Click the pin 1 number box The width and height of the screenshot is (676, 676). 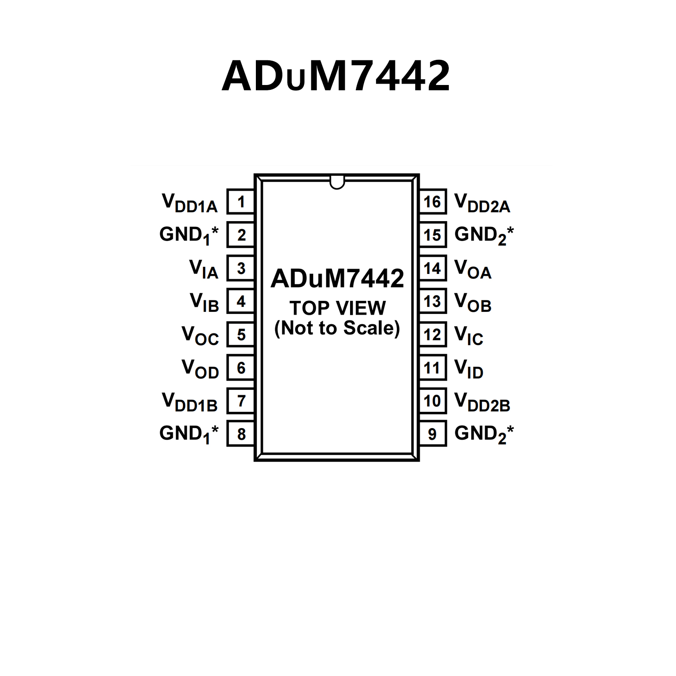[240, 202]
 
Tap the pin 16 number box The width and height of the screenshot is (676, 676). [432, 202]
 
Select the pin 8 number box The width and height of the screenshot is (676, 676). [240, 434]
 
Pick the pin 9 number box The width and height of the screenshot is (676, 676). [432, 434]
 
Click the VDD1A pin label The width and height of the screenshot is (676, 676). [190, 203]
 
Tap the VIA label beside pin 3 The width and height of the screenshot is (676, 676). [203, 269]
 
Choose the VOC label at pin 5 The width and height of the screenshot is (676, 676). [200, 336]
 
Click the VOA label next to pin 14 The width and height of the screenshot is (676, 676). [473, 269]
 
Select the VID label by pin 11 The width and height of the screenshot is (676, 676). [469, 369]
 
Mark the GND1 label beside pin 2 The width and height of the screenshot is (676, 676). [189, 235]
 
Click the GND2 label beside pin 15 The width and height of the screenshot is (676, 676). [484, 235]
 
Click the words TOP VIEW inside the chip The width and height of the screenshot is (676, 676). [337, 308]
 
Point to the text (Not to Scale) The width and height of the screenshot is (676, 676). [337, 328]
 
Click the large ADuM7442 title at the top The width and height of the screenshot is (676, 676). [336, 76]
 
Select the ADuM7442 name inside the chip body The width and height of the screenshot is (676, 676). [337, 278]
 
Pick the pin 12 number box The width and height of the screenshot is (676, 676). [432, 335]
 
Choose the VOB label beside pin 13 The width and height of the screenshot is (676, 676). [473, 303]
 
